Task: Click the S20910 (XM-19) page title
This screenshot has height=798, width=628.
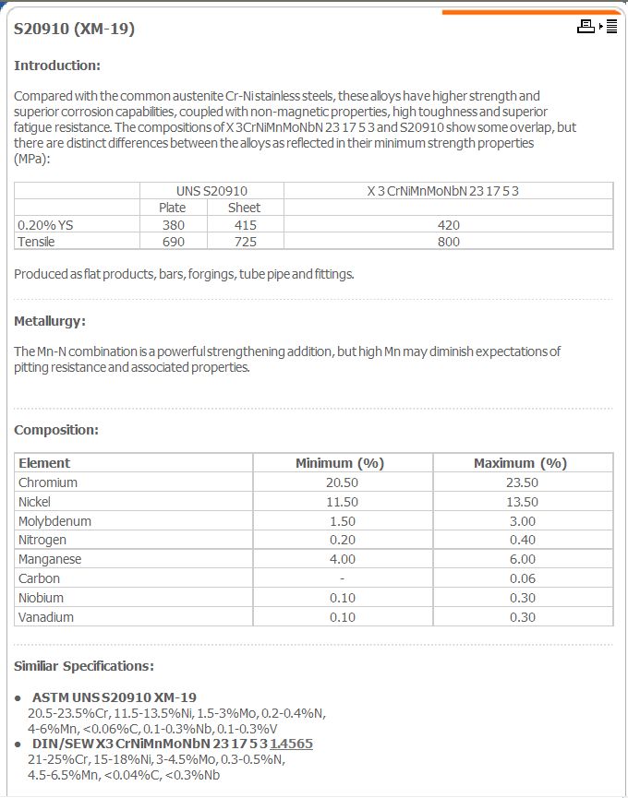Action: [75, 29]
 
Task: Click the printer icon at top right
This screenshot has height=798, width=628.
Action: [586, 27]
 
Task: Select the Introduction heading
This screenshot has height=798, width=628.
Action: [57, 66]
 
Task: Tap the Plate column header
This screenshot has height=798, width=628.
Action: [173, 208]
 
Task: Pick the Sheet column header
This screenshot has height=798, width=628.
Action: [244, 208]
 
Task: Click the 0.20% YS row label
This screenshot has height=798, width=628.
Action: [44, 225]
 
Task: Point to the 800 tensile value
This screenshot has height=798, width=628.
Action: [448, 242]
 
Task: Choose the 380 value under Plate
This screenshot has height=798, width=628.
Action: [173, 225]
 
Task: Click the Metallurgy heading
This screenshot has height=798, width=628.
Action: [50, 322]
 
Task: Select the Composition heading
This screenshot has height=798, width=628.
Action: [56, 430]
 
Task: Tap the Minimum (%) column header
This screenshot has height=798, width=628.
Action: [339, 463]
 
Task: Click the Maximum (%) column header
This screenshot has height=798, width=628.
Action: [520, 463]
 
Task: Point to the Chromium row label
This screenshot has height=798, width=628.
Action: [48, 482]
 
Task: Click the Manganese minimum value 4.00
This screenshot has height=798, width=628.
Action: [342, 559]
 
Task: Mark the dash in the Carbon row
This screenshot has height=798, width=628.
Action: [342, 578]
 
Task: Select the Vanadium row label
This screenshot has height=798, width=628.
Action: [46, 617]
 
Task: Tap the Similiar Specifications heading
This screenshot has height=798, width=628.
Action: [84, 666]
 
